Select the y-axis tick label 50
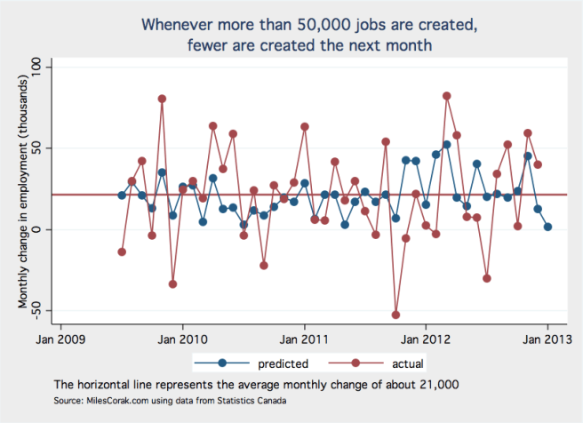(44, 148)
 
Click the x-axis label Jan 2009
(60, 338)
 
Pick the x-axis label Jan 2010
(182, 338)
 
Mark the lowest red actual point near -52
(396, 315)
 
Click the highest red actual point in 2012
(447, 96)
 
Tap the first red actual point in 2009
(122, 251)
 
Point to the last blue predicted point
(548, 227)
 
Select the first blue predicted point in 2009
(122, 196)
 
